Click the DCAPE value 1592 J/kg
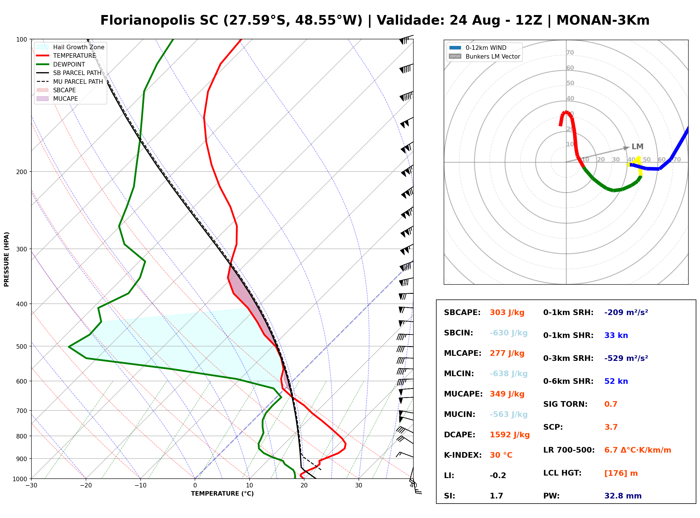(510, 435)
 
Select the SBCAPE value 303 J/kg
(507, 312)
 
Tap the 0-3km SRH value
(626, 358)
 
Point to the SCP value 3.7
(611, 427)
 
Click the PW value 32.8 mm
(623, 496)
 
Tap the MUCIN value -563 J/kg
(508, 414)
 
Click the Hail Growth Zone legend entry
(70, 47)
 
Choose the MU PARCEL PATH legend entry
(70, 82)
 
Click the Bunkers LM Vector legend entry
(485, 56)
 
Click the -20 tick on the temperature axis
(86, 485)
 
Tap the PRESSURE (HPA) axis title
(7, 259)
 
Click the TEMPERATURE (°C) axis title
(222, 494)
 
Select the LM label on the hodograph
(637, 146)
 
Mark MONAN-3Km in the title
(603, 20)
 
